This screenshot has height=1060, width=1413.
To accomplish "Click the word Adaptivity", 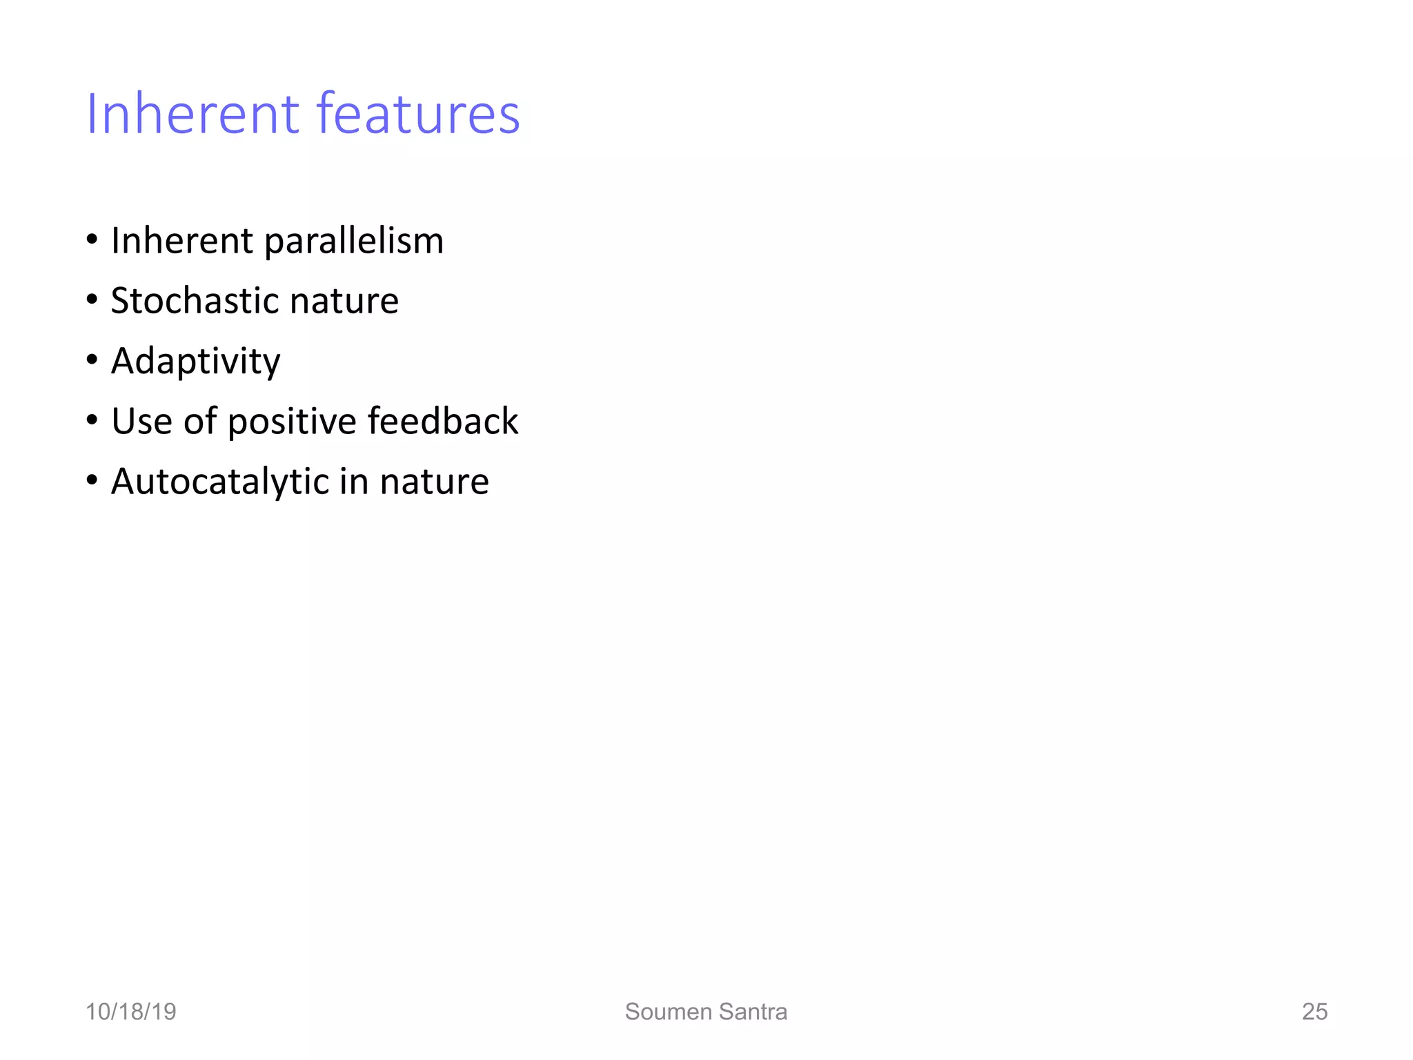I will [195, 362].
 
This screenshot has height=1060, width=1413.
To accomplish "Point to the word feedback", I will [442, 421].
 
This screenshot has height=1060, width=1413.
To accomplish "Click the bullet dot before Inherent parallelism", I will [92, 240].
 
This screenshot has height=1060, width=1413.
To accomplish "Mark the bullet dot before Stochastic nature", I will [92, 300].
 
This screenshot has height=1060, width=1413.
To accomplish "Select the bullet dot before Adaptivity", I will [92, 360].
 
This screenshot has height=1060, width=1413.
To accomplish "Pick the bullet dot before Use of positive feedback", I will [92, 420].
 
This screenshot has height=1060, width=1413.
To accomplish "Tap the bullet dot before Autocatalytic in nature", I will [92, 480].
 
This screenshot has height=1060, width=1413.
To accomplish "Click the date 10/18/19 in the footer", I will [130, 1012].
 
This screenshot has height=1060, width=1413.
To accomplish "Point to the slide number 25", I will [1314, 1012].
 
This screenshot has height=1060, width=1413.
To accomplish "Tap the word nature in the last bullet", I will [434, 482].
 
